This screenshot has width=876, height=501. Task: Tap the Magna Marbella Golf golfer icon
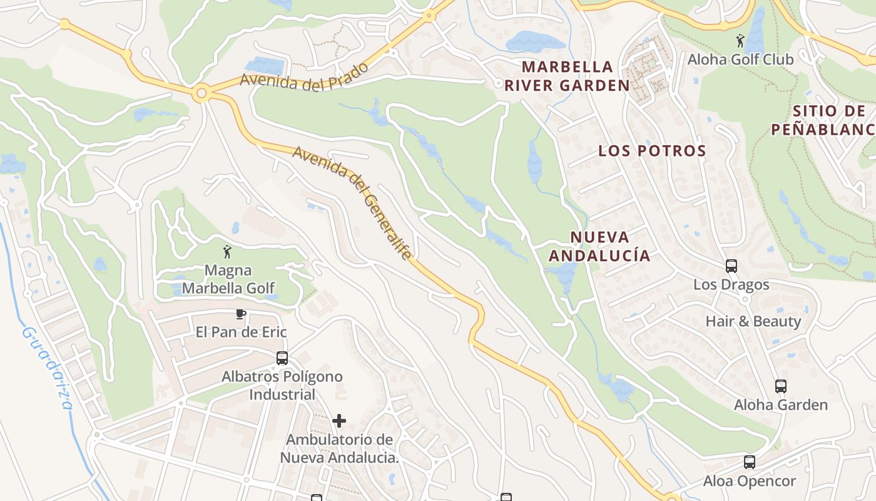point(227,252)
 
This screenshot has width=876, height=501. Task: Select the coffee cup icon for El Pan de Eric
point(241,314)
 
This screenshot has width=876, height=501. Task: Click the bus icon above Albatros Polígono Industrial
point(282,358)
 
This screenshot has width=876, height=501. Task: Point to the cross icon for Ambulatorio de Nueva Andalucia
point(339,421)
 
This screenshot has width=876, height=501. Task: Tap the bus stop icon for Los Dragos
point(731,266)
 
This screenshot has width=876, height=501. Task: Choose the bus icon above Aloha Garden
point(780,386)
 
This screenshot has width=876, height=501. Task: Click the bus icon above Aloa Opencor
point(749,463)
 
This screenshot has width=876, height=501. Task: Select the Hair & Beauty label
point(753,321)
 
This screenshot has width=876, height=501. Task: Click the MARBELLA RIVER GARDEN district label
point(567,76)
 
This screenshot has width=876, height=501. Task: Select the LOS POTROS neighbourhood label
point(652,151)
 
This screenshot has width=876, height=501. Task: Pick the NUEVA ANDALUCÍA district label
point(599,246)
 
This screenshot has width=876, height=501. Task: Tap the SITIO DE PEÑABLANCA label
point(823,120)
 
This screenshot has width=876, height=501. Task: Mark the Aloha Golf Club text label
point(741,59)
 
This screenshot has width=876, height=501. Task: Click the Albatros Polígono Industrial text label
point(282,386)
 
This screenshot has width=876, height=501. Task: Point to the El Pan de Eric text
point(241,332)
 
